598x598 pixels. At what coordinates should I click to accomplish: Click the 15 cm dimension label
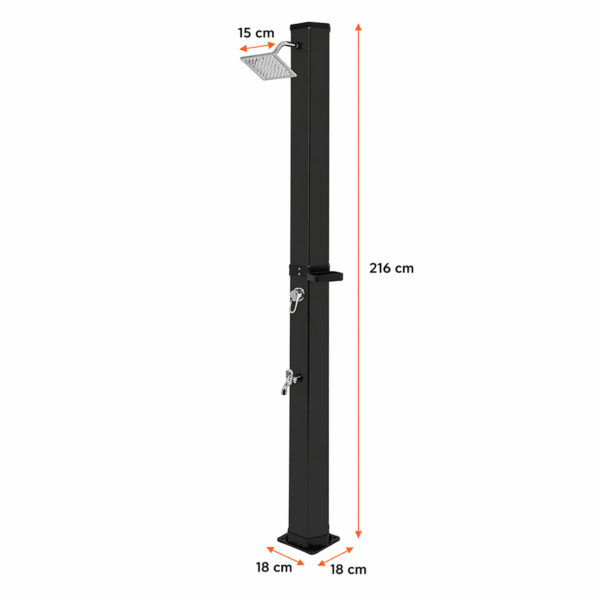tap(256, 33)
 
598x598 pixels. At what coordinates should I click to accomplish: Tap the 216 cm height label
tap(391, 268)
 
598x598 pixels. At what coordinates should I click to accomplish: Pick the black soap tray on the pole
tap(325, 276)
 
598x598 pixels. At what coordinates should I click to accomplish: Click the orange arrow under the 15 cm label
tap(257, 47)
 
